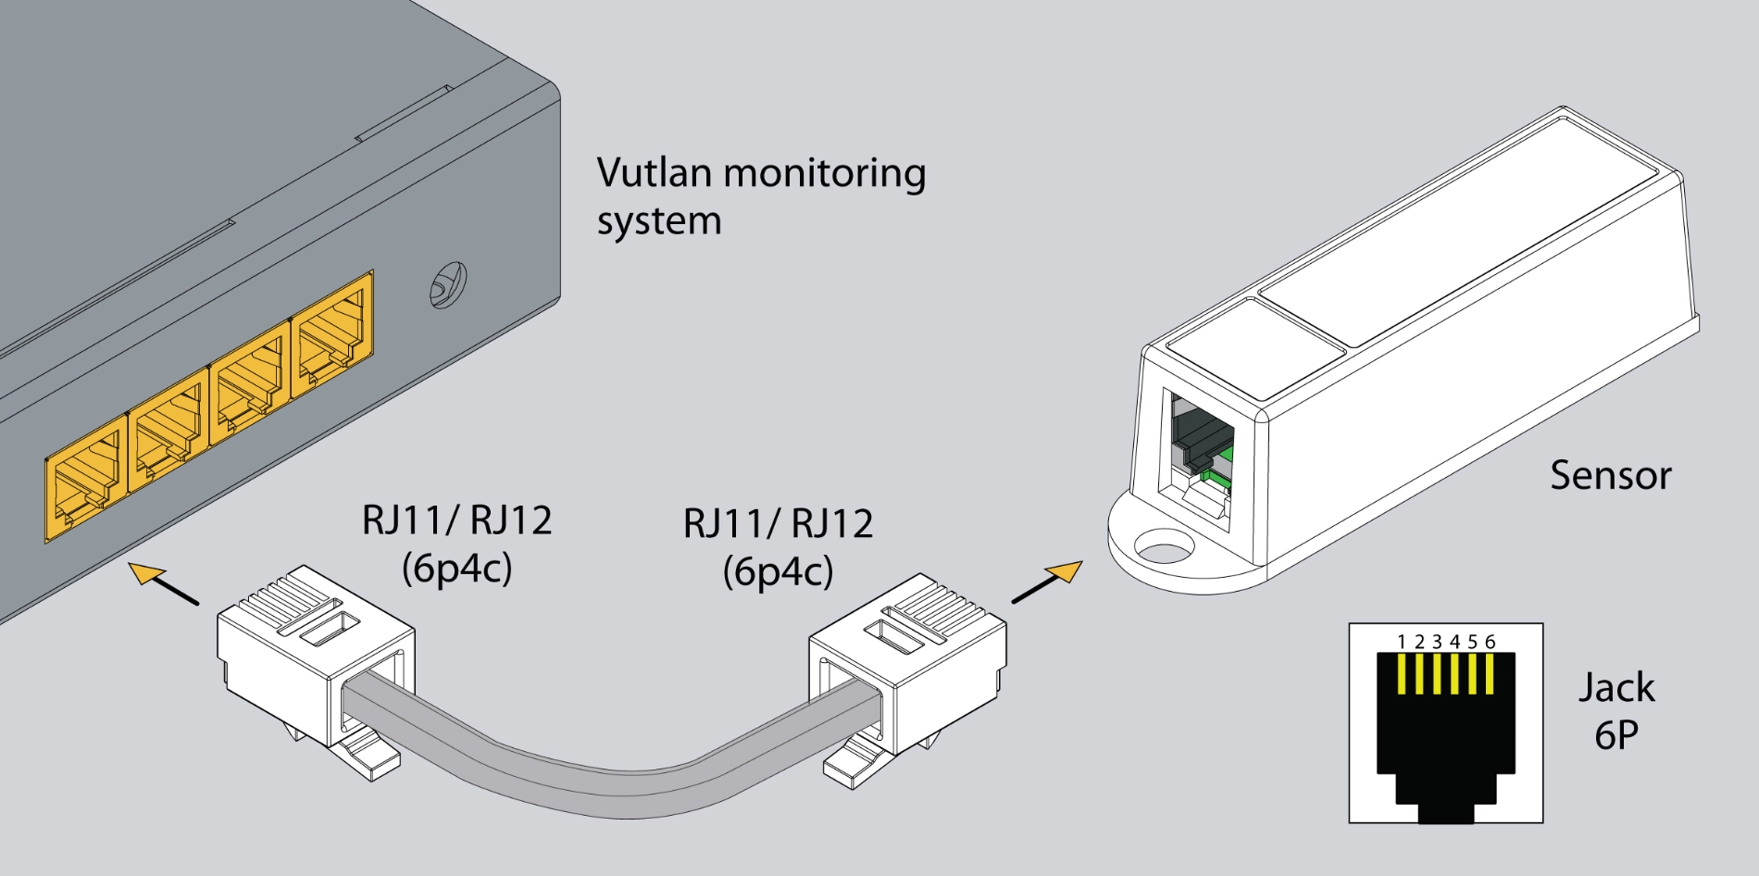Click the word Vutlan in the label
(654, 173)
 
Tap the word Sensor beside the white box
(1610, 475)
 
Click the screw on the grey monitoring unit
(447, 285)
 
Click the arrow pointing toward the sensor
(1050, 582)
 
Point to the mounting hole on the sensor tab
(1164, 548)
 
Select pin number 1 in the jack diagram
(1402, 674)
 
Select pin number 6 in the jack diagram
(1490, 674)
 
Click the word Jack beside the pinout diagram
(1616, 688)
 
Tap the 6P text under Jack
(1616, 735)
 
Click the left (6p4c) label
(456, 568)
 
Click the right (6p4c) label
(778, 571)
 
